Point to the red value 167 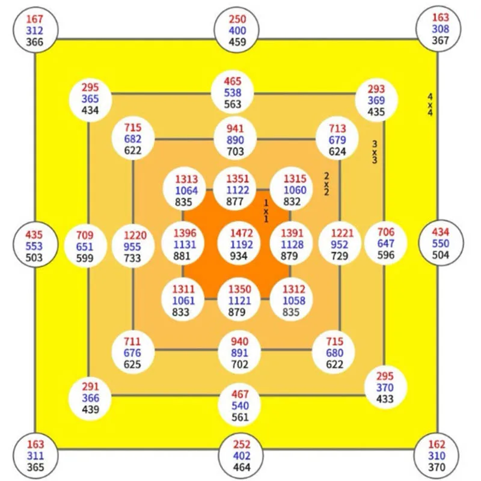(x=35, y=19)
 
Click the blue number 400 (x=237, y=30)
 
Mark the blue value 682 (x=133, y=139)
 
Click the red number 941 (x=235, y=128)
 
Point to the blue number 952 (x=340, y=245)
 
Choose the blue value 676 (x=132, y=352)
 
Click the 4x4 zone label (x=430, y=105)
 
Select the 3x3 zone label (x=375, y=152)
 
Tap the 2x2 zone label (x=326, y=184)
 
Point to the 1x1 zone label (x=266, y=211)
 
